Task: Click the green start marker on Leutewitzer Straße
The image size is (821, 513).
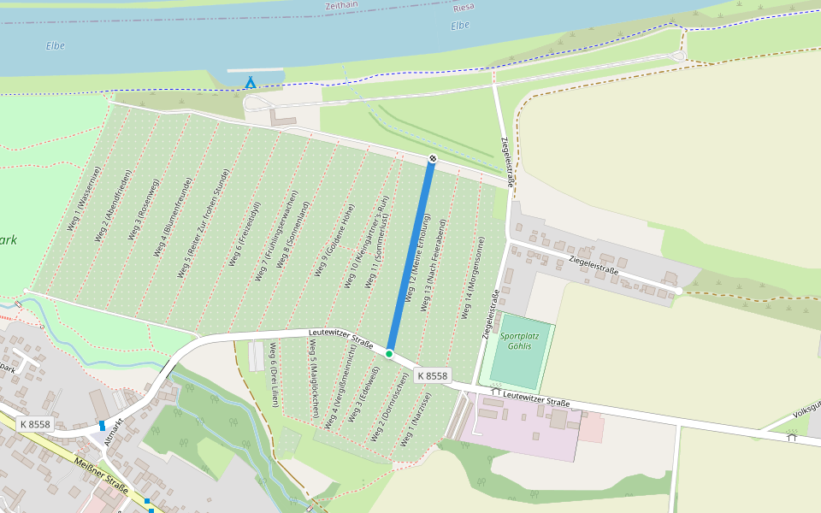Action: tap(389, 353)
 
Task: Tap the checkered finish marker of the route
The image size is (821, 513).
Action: tap(433, 158)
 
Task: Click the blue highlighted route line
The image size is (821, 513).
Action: tap(411, 256)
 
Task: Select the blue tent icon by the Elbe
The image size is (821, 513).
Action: tap(250, 82)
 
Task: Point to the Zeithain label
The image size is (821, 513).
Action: tap(340, 6)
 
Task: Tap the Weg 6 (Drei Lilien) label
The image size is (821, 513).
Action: tap(272, 366)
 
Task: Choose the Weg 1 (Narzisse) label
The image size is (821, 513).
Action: tap(416, 420)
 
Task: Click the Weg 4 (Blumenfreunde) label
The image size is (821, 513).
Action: tap(174, 217)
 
